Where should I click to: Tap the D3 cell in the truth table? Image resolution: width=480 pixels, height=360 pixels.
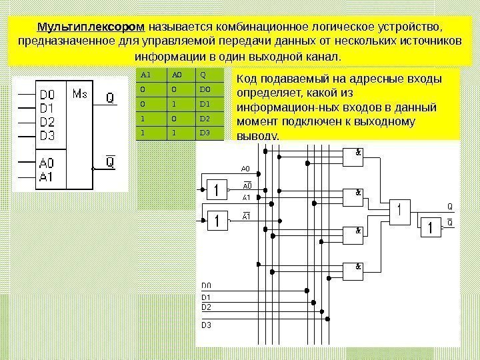tap(204, 133)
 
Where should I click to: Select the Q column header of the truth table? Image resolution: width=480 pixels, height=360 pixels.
tap(203, 74)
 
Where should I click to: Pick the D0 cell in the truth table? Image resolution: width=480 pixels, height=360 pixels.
tap(204, 89)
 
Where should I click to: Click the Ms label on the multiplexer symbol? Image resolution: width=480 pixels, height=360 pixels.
tap(80, 93)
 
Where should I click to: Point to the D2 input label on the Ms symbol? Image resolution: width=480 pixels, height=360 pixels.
tap(47, 121)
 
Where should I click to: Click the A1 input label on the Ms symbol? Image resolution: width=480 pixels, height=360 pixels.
tap(47, 177)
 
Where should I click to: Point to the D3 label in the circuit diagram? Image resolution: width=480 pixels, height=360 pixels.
tap(206, 325)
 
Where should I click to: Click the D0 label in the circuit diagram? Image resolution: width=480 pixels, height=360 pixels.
tap(206, 286)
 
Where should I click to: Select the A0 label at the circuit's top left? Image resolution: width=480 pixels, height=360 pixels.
tap(245, 169)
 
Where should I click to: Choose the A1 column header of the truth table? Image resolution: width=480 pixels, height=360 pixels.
tap(145, 74)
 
